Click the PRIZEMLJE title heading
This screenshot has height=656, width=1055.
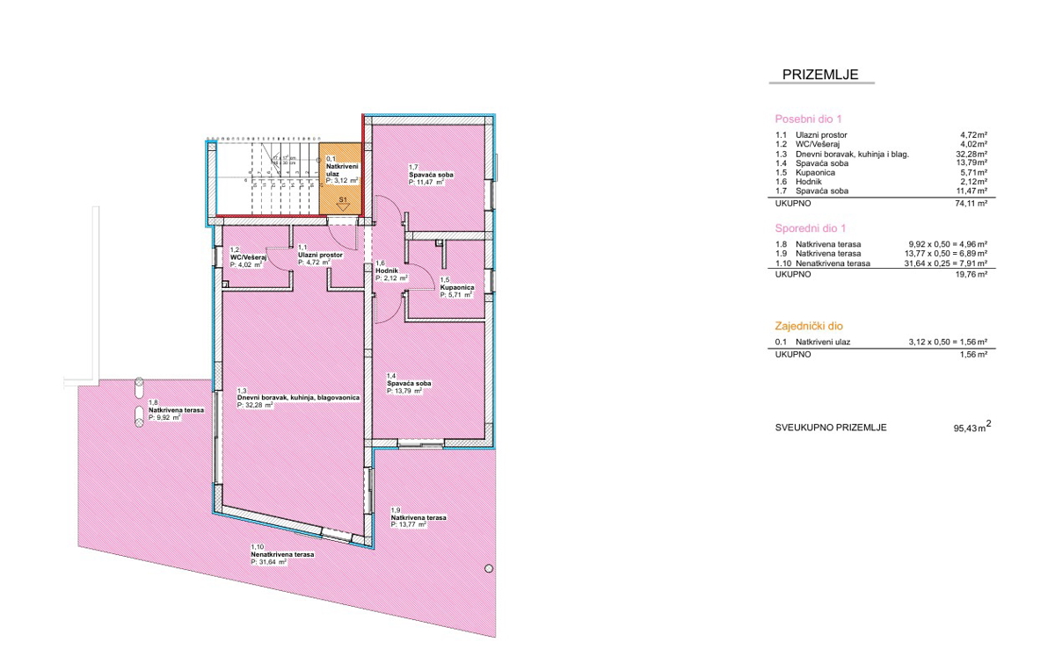point(819,75)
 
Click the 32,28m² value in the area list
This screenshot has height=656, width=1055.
point(968,153)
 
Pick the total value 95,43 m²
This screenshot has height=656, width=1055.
point(971,428)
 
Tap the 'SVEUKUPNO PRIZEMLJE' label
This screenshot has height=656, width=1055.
point(830,428)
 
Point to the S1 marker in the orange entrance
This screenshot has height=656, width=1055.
point(344,200)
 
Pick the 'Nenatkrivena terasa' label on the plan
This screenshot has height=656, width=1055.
point(282,555)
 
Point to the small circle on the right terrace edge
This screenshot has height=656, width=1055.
point(488,569)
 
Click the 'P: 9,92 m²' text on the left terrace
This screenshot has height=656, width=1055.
point(164,418)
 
